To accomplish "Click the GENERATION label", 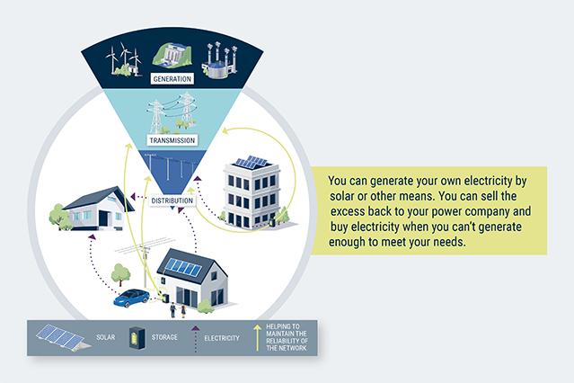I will click(173, 80).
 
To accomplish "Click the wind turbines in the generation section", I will click(124, 58).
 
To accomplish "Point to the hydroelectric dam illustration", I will click(173, 57).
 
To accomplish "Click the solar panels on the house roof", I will click(185, 267).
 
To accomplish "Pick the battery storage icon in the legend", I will click(138, 339).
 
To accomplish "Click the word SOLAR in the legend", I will click(106, 339).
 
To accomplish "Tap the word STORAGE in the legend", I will click(175, 339).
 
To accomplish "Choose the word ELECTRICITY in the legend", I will click(222, 339).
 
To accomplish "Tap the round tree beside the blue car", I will click(118, 273).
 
